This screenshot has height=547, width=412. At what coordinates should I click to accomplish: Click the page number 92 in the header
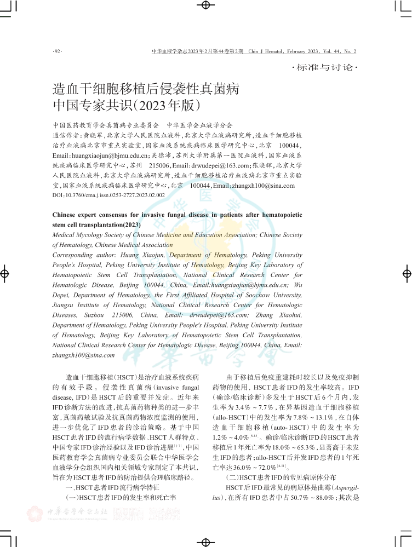57,51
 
